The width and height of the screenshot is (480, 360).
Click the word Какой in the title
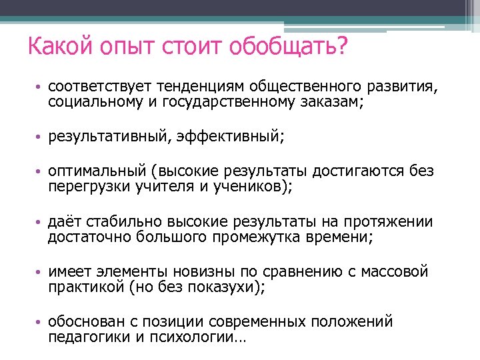(x=57, y=48)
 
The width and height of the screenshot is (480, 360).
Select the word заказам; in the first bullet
(x=331, y=102)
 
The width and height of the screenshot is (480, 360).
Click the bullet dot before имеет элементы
(x=40, y=273)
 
